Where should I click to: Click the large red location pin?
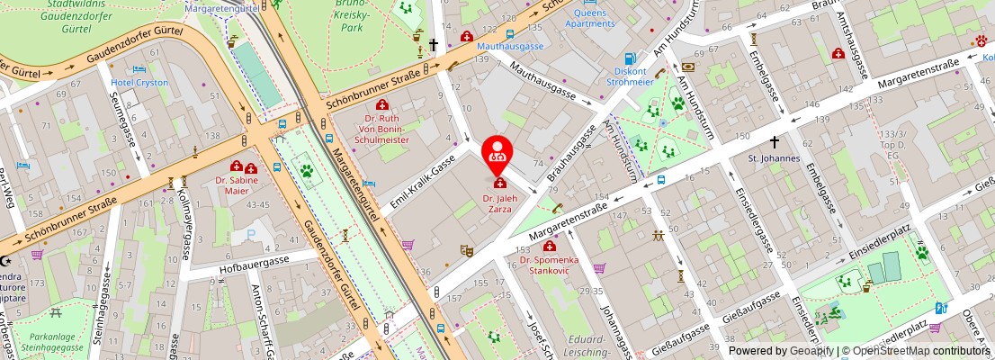coord(496,154)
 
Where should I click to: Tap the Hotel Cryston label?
coord(139,82)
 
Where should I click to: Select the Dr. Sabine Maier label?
coord(237,185)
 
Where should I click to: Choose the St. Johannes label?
coord(774,158)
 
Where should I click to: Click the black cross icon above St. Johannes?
coord(774,142)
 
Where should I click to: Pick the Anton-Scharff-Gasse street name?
coord(261,319)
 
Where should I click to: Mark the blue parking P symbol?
coord(251,235)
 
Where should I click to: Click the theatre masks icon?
coord(466,250)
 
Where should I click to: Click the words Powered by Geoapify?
coord(780,351)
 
